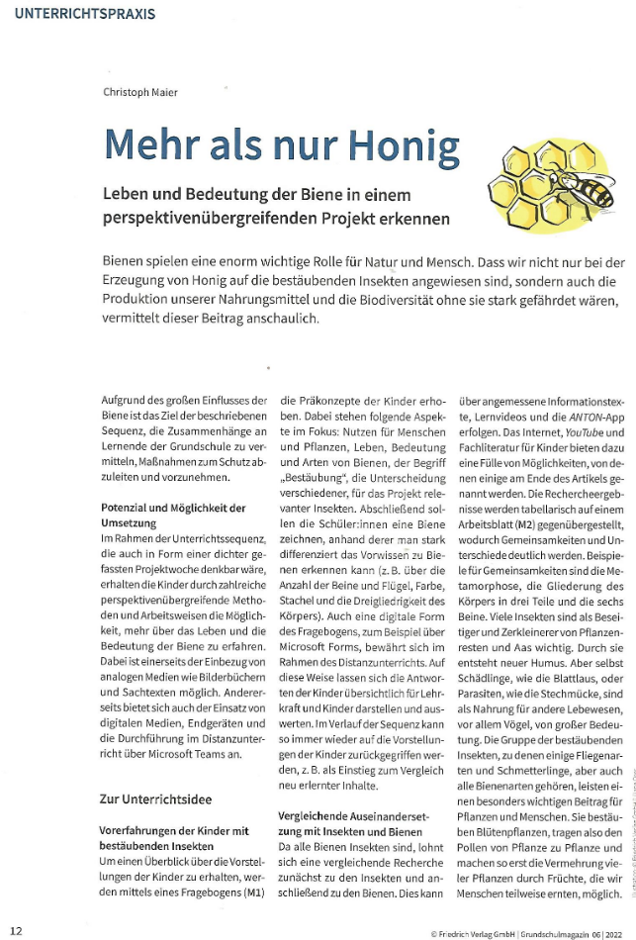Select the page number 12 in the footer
(x=17, y=929)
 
